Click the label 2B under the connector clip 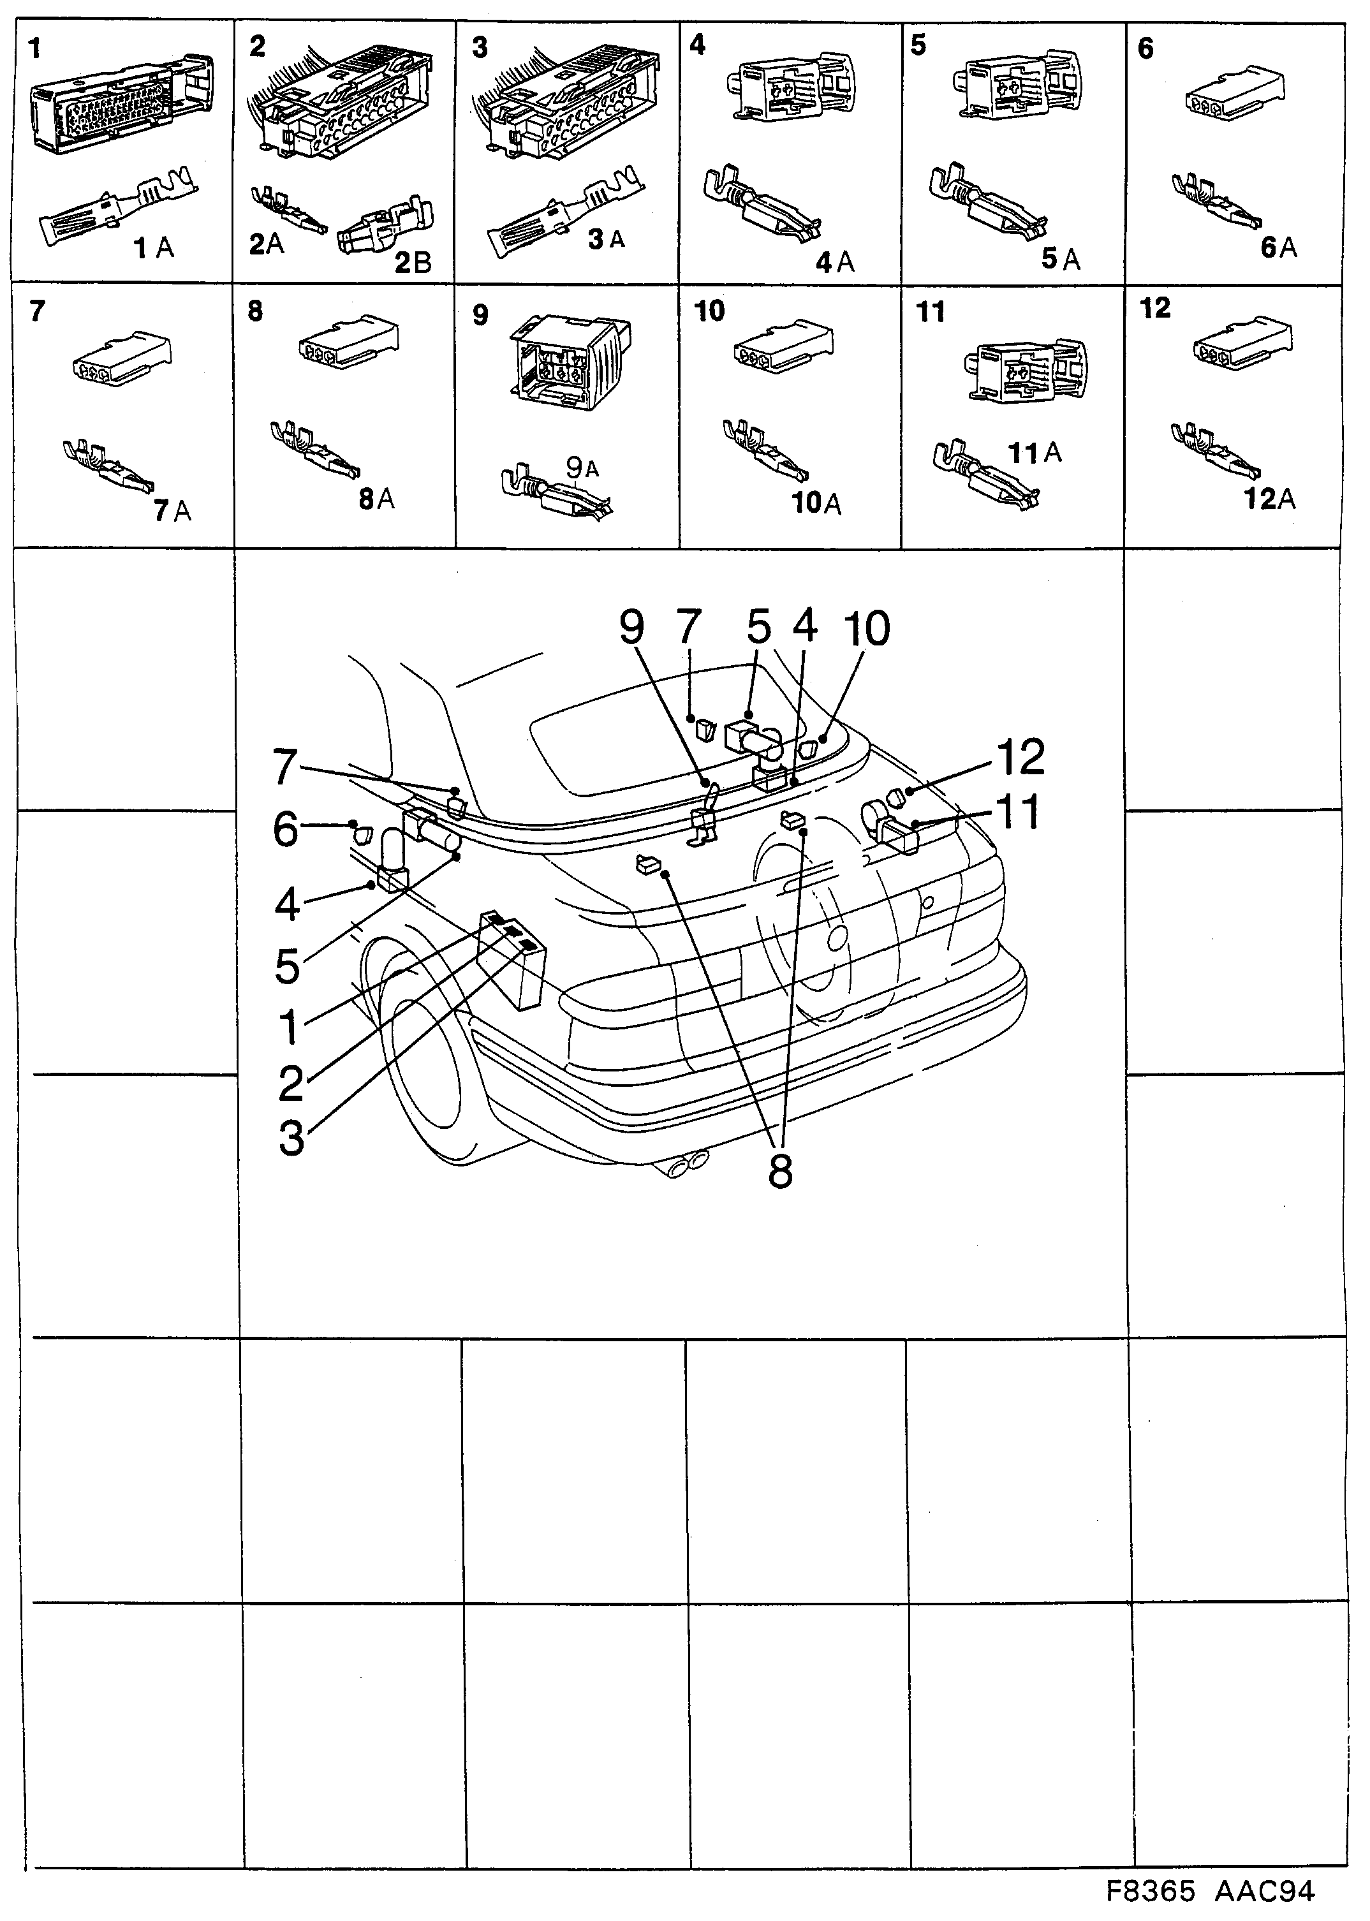click(x=413, y=263)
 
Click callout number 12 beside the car click(x=1020, y=758)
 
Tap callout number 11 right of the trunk click(x=1017, y=812)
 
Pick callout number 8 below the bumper click(x=780, y=1171)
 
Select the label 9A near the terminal click(x=582, y=467)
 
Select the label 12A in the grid click(x=1270, y=499)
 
